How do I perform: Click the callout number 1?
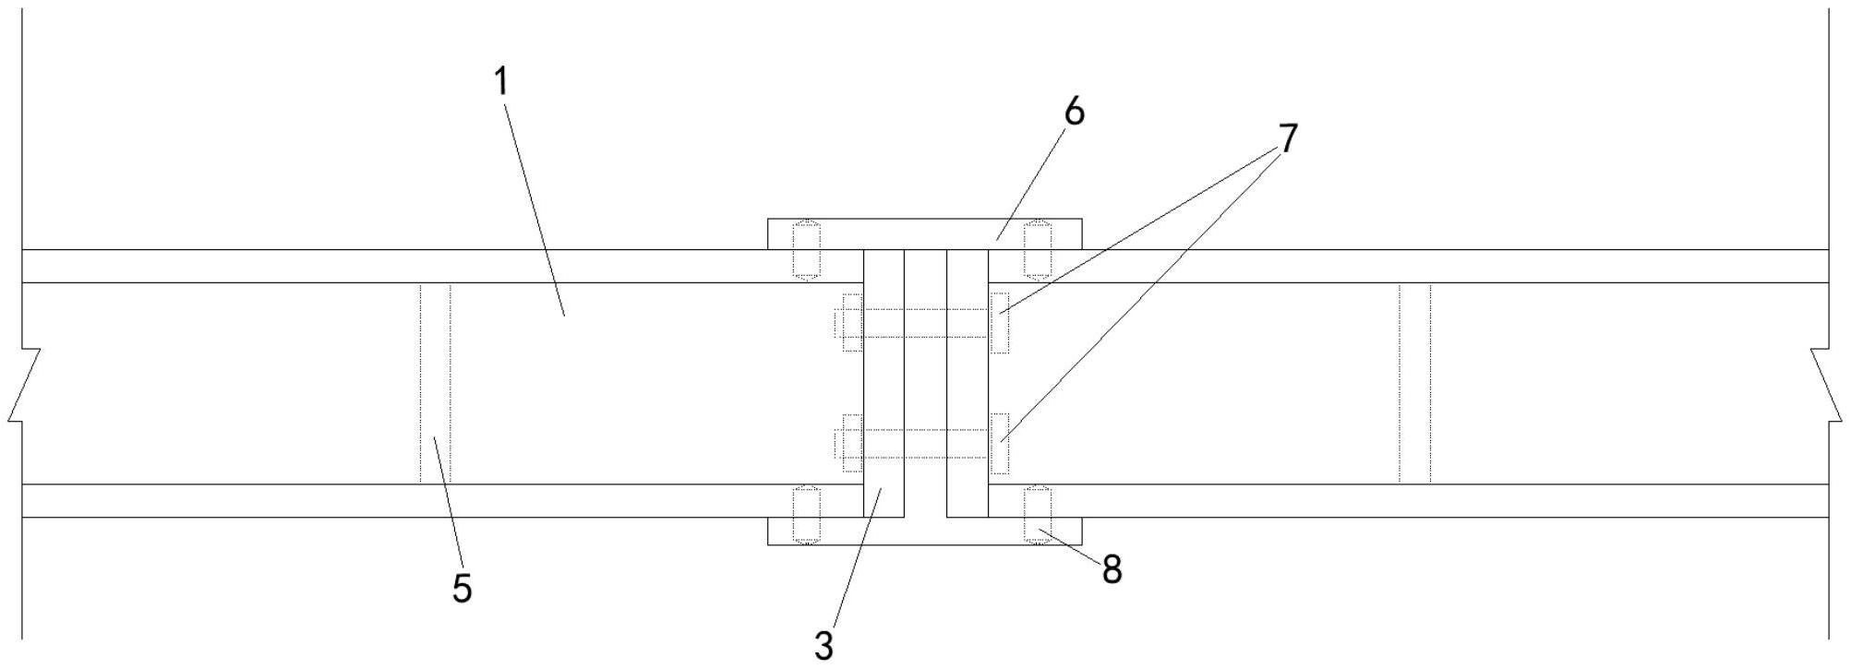(x=501, y=82)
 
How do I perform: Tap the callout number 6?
(x=1074, y=112)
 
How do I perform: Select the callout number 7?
(x=1288, y=138)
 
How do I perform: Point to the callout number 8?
(x=1112, y=570)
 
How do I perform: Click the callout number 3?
(x=823, y=645)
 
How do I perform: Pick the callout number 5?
(x=462, y=588)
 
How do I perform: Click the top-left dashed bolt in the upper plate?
(x=807, y=249)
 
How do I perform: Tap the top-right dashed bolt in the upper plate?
(x=1039, y=249)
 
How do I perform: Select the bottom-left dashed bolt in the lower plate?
(x=807, y=515)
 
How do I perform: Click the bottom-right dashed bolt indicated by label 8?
(x=1039, y=515)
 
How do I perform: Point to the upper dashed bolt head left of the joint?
(x=850, y=322)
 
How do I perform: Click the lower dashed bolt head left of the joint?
(x=850, y=443)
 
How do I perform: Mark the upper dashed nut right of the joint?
(x=999, y=322)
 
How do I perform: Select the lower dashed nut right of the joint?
(x=999, y=443)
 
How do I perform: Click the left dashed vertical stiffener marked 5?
(x=435, y=383)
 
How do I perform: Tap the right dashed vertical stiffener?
(x=1414, y=383)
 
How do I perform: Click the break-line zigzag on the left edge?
(x=25, y=386)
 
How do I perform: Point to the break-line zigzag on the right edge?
(x=1826, y=386)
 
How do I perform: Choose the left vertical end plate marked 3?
(x=883, y=383)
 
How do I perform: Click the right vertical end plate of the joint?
(x=968, y=383)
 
